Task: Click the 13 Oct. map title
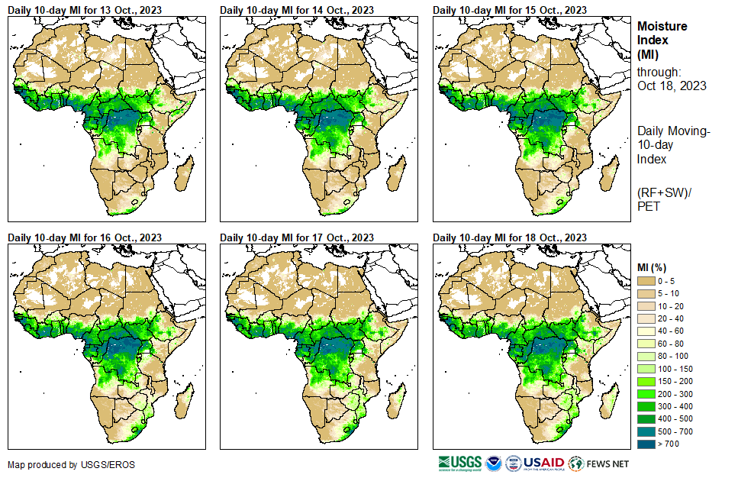[84, 10]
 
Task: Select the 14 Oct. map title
[297, 10]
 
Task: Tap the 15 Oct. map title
[510, 10]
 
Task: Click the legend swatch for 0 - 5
[646, 282]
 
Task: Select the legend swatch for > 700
[646, 444]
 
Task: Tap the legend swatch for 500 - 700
[646, 431]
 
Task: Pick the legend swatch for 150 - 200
[646, 382]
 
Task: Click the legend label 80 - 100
[672, 357]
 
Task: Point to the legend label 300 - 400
[675, 406]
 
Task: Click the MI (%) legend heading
[653, 267]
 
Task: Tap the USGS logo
[460, 463]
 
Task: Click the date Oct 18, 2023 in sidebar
[672, 86]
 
